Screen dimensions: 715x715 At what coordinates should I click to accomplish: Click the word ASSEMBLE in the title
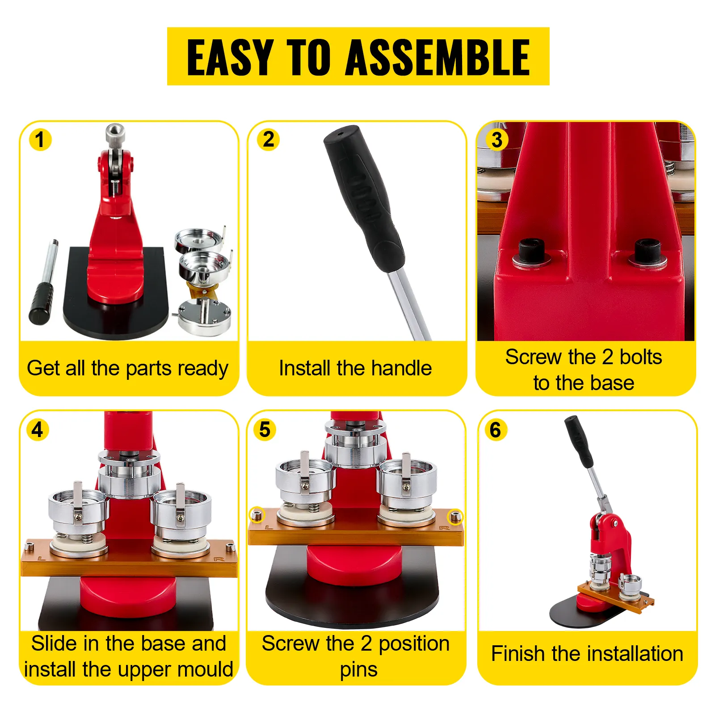click(438, 57)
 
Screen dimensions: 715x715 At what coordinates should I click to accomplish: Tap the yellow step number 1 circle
click(40, 139)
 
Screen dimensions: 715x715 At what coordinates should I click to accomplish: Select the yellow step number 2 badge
click(268, 139)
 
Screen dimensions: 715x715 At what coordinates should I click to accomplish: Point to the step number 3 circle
click(496, 139)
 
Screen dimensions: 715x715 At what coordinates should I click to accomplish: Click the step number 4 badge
click(38, 430)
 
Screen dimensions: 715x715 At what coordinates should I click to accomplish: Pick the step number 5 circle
click(265, 430)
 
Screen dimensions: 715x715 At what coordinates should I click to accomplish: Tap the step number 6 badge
click(496, 430)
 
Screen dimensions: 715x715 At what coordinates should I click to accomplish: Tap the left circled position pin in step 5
click(257, 516)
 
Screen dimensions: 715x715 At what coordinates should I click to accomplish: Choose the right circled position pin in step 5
click(455, 517)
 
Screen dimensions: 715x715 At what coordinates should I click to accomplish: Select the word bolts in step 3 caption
click(640, 357)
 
